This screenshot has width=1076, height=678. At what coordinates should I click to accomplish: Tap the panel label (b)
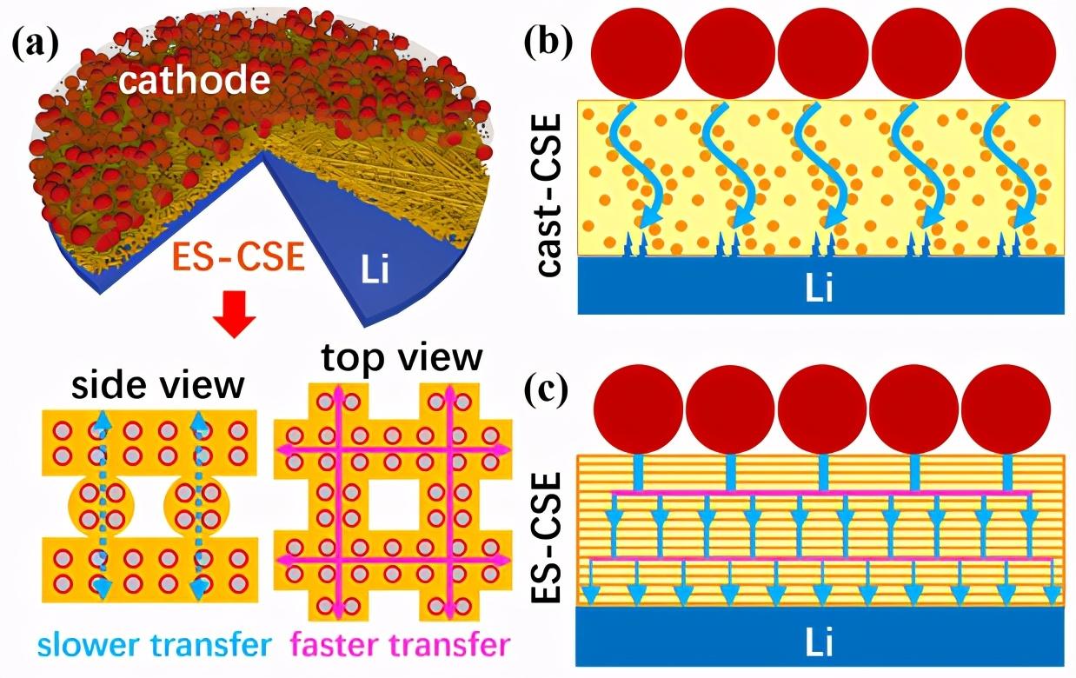[549, 42]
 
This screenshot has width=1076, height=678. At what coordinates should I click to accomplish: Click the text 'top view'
[401, 357]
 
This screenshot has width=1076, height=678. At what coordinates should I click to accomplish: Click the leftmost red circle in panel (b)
[634, 54]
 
